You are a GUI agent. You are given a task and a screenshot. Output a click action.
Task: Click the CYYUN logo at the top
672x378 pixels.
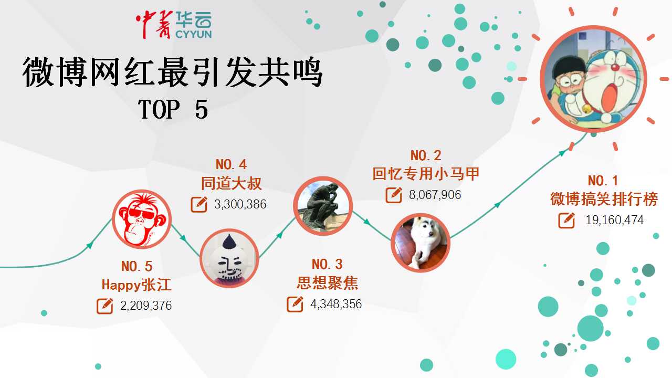pyautogui.click(x=174, y=25)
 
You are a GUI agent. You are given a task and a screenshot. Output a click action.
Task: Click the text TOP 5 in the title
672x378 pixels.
pyautogui.click(x=173, y=109)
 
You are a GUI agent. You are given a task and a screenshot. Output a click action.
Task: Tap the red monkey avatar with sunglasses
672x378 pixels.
pyautogui.click(x=142, y=219)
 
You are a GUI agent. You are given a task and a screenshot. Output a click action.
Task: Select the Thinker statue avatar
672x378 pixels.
pyautogui.click(x=322, y=206)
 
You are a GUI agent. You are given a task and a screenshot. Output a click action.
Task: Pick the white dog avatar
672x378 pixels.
pyautogui.click(x=421, y=243)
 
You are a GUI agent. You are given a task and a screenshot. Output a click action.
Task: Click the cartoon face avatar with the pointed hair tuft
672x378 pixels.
pyautogui.click(x=229, y=258)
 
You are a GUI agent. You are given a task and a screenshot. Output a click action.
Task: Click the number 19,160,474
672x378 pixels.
pyautogui.click(x=614, y=220)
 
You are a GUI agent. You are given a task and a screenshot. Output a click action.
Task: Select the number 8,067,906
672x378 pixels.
pyautogui.click(x=435, y=195)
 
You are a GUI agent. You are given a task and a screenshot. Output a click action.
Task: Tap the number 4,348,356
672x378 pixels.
pyautogui.click(x=336, y=304)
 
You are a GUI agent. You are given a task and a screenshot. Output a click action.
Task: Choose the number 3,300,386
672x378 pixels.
pyautogui.click(x=240, y=204)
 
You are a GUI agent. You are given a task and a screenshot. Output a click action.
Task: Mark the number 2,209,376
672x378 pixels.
pyautogui.click(x=146, y=306)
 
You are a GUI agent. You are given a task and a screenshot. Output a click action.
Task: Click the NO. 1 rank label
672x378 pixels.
pyautogui.click(x=603, y=181)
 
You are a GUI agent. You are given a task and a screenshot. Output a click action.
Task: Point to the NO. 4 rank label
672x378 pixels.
pyautogui.click(x=231, y=165)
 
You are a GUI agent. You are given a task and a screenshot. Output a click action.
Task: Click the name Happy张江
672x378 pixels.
pyautogui.click(x=136, y=285)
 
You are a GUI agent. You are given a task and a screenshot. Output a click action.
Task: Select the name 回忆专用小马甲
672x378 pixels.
pyautogui.click(x=426, y=174)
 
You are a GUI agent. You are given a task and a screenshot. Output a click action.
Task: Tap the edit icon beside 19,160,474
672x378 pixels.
pyautogui.click(x=566, y=220)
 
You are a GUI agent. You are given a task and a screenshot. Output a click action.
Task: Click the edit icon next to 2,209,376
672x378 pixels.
pyautogui.click(x=104, y=306)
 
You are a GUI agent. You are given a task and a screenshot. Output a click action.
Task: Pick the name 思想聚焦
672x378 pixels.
pyautogui.click(x=327, y=283)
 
